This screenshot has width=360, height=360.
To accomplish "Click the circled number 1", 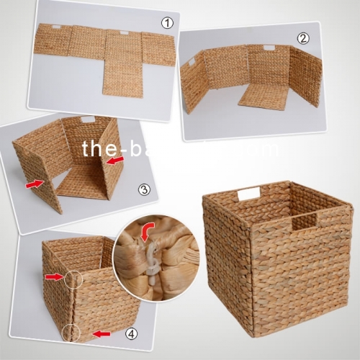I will tap(167, 23).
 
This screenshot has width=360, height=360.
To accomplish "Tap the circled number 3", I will tap(144, 190).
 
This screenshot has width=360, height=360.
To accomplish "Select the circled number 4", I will tap(131, 334).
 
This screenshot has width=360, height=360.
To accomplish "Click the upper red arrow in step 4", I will tap(53, 276).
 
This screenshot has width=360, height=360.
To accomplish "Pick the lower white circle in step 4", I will tap(71, 331).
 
